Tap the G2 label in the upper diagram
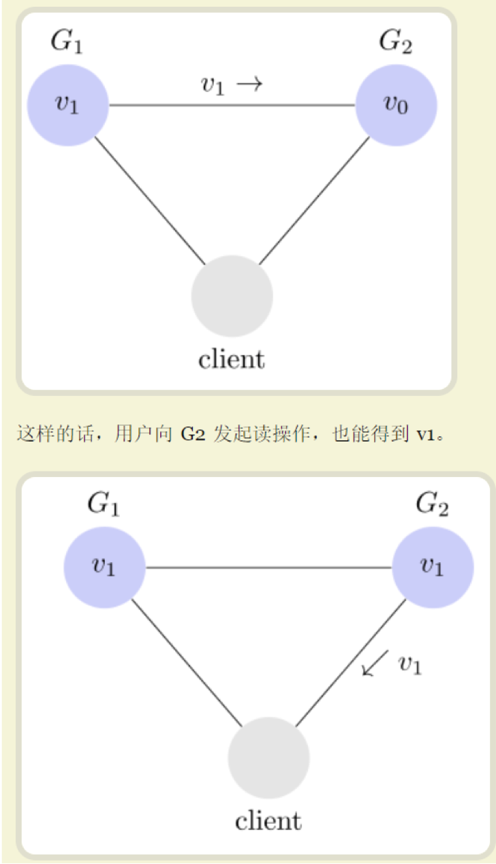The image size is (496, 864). [396, 42]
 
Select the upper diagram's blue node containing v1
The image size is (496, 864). [68, 106]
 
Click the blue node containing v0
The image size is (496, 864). [397, 106]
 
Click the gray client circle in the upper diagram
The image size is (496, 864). [232, 296]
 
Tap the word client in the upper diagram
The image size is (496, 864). [232, 358]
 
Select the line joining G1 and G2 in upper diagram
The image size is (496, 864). [232, 106]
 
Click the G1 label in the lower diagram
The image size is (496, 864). [104, 505]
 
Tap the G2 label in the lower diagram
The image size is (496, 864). [433, 505]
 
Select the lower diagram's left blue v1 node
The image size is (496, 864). [104, 567]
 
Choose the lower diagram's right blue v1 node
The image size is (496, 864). [433, 567]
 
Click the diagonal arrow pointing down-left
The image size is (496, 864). [375, 662]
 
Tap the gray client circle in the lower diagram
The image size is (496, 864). [268, 758]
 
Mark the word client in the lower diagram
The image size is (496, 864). [268, 820]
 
